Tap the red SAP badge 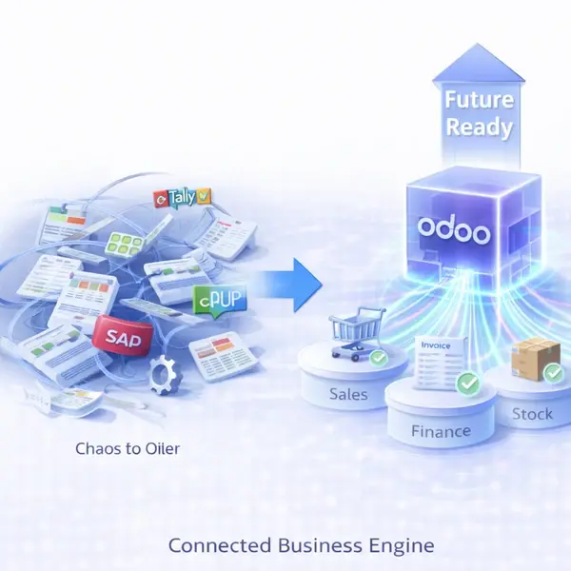122,335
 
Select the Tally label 184,198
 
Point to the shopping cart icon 346,334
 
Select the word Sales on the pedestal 347,393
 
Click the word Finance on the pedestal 441,431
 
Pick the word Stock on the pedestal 531,414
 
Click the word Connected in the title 216,545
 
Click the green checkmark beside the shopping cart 377,359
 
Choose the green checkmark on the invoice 467,384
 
